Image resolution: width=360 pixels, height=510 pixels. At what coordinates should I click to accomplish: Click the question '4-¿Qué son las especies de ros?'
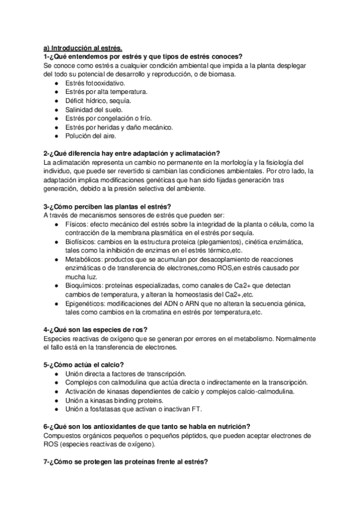(96, 330)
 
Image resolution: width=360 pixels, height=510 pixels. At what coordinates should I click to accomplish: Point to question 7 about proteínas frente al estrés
(126, 462)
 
